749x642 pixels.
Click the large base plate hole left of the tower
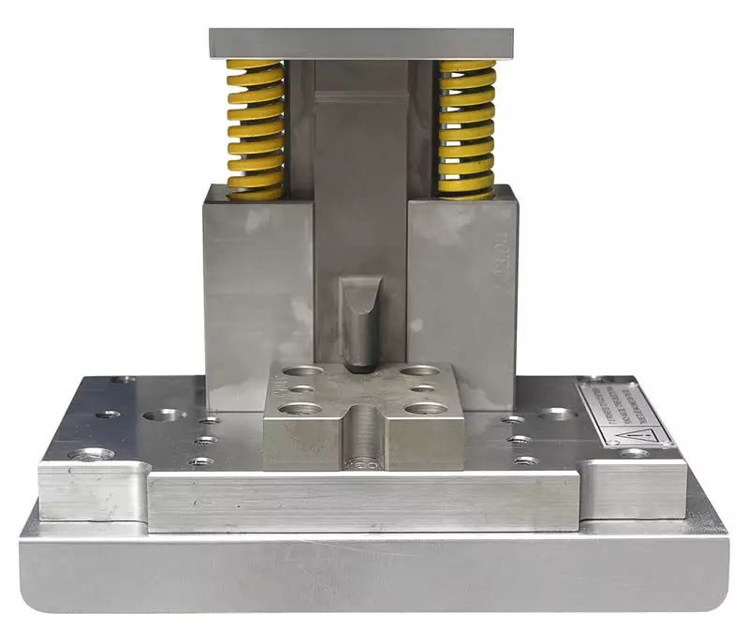tap(166, 414)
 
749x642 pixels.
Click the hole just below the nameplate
tap(634, 453)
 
